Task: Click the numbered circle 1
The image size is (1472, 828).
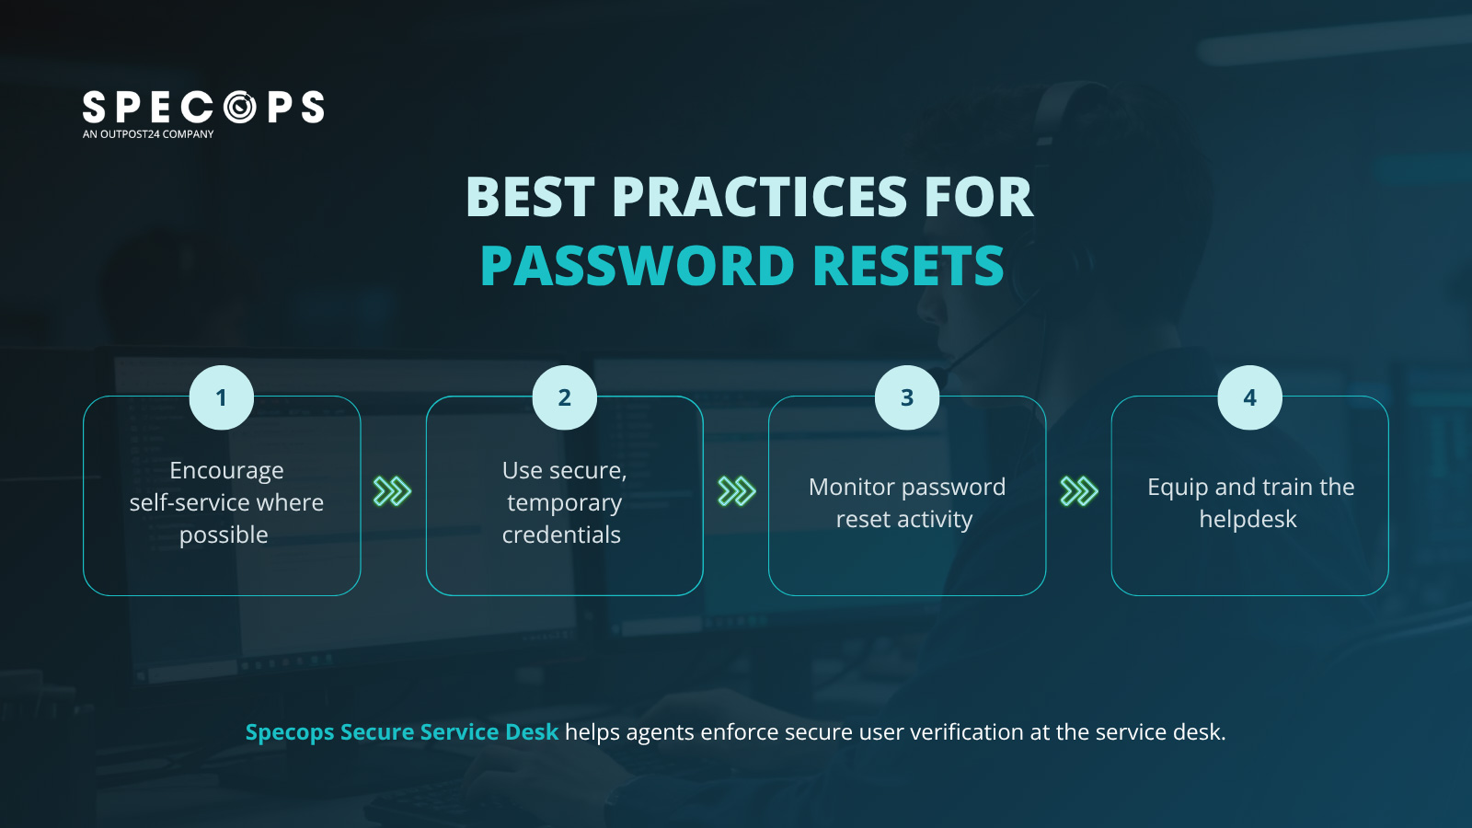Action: coord(221,397)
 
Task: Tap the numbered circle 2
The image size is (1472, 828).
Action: coord(564,397)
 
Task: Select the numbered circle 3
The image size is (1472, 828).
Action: coord(907,397)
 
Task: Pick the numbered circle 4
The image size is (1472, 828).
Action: coord(1249,397)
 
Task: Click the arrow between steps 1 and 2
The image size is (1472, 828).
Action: coord(392,491)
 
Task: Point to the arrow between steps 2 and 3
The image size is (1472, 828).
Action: coord(736,491)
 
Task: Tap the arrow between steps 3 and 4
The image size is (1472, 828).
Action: coord(1079,491)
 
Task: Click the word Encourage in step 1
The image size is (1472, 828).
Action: coord(226,471)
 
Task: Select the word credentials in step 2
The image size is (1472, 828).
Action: coord(561,535)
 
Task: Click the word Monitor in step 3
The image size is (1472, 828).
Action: coord(851,487)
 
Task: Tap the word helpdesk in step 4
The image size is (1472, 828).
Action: coord(1248,519)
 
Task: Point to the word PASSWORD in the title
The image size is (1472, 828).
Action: coord(638,266)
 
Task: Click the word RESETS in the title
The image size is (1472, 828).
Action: coord(908,266)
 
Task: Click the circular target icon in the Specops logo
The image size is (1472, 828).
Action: coord(240,108)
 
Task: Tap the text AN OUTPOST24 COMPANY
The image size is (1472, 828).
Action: coord(148,134)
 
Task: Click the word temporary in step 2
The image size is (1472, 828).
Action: coord(564,503)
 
